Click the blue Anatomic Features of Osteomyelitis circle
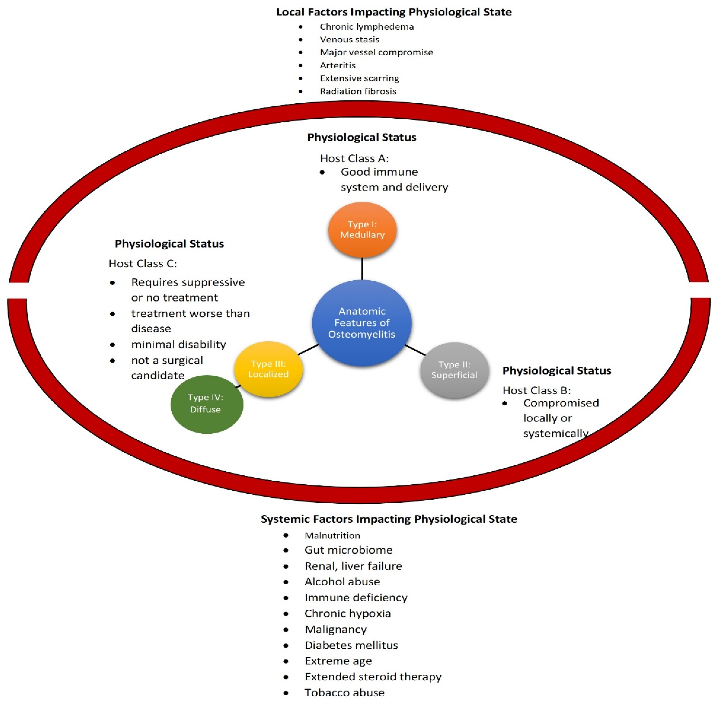362,323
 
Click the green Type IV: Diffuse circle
206,404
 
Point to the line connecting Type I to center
362,268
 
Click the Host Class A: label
354,158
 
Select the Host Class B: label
537,390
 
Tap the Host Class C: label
143,264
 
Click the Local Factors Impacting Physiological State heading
394,12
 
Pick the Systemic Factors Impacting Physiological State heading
389,519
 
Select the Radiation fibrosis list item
358,91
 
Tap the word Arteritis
337,65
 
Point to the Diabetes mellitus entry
351,645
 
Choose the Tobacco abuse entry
344,693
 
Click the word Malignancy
336,629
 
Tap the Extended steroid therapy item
373,677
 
